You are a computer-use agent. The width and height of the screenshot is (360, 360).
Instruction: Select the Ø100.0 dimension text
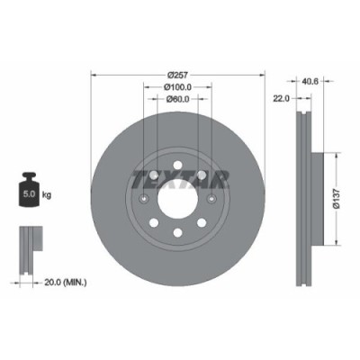coord(177,86)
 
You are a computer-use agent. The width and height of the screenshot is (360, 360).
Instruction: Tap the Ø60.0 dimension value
coord(177,99)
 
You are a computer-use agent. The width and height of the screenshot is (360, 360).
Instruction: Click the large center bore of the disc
coord(178,200)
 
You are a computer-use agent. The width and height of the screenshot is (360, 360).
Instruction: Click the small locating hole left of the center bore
coord(144,200)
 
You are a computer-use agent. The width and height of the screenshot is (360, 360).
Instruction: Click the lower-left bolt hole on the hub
coord(154,224)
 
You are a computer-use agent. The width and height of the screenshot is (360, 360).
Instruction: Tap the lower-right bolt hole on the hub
coord(202,224)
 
